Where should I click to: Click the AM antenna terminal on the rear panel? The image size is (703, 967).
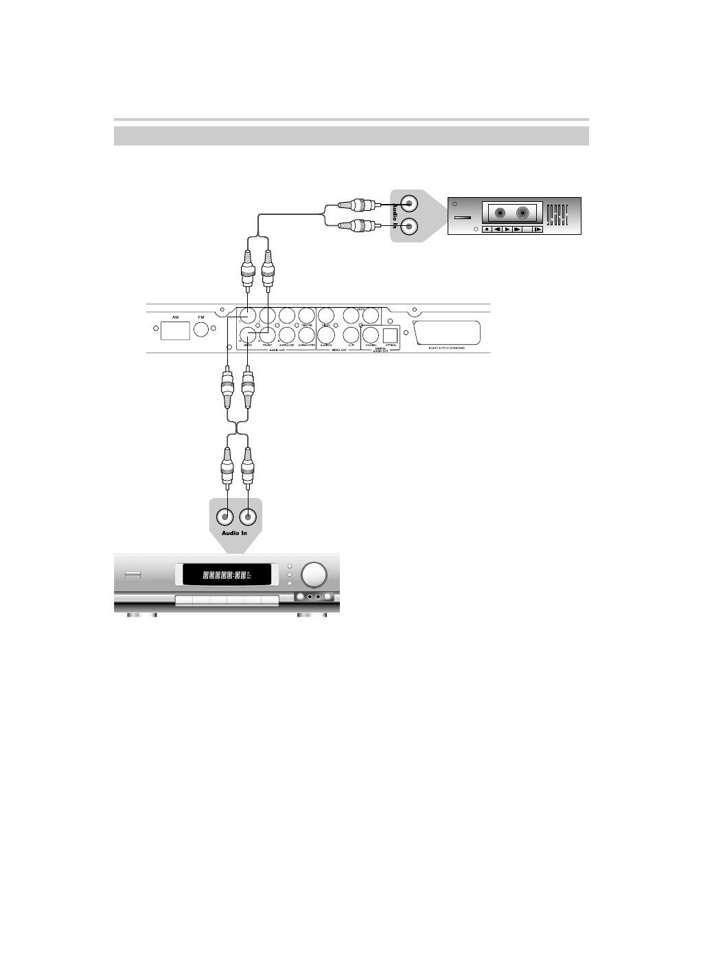point(175,330)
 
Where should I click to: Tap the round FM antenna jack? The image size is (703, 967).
point(201,330)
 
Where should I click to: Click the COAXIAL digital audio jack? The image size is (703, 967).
point(371,334)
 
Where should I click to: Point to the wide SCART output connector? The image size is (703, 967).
point(446,333)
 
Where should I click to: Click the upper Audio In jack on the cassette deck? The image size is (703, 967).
point(408,203)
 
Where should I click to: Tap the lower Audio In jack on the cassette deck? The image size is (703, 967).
point(408,226)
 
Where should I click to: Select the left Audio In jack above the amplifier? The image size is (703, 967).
point(224,516)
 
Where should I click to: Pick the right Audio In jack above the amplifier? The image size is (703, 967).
point(248,516)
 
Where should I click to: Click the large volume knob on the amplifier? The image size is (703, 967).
point(313,574)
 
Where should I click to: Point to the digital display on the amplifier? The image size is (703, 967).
point(224,574)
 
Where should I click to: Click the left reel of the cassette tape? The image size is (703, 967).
point(502,213)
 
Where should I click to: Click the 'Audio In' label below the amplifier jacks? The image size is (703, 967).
point(234,533)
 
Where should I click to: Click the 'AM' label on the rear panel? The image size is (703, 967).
point(175,317)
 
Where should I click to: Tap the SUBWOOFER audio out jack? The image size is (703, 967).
point(307,334)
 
